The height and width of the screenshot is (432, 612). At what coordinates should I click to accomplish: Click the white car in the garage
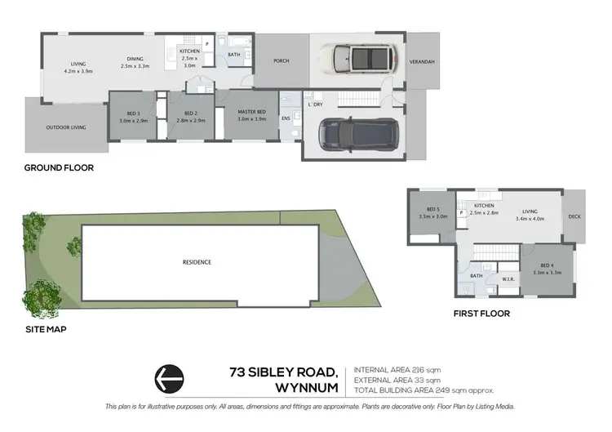click(x=358, y=59)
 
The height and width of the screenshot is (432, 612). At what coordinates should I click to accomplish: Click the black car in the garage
click(x=355, y=133)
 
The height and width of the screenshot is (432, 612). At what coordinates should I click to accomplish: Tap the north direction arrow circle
click(x=170, y=379)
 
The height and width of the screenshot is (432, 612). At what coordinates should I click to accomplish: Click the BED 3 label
click(x=131, y=114)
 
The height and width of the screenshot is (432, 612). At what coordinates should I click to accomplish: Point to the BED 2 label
click(x=191, y=114)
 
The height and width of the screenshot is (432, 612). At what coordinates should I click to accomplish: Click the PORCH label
click(x=282, y=61)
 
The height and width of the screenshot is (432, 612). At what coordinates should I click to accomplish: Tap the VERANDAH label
click(x=421, y=62)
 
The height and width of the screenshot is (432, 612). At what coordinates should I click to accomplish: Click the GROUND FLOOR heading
click(x=59, y=167)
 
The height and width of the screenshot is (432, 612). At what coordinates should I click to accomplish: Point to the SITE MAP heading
click(x=45, y=330)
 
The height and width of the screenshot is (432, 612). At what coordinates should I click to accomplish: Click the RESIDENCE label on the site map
click(x=197, y=262)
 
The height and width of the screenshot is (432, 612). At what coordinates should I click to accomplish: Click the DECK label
click(x=574, y=216)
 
